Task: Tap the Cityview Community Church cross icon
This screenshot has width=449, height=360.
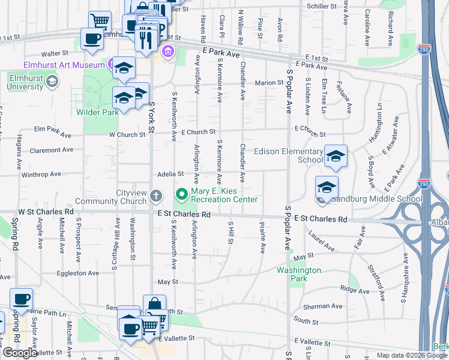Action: [x=156, y=195]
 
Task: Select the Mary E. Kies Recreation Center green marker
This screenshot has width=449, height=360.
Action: [x=181, y=194]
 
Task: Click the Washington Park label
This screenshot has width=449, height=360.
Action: [x=298, y=274]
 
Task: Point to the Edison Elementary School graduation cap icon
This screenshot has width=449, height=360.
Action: [x=336, y=157]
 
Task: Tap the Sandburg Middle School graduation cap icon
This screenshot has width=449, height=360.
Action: [x=327, y=188]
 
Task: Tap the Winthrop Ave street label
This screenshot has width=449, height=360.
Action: [x=41, y=174]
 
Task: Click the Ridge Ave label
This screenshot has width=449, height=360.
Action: [x=355, y=289]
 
